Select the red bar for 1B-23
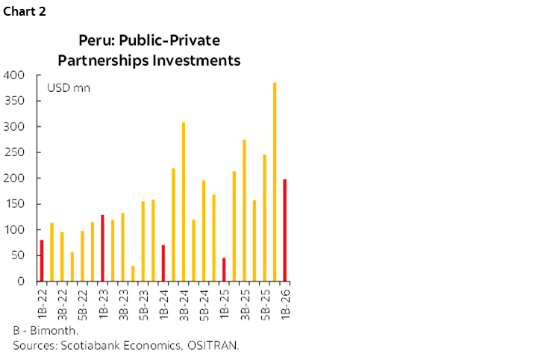click(102, 248)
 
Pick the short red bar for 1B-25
click(224, 270)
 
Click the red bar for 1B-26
click(284, 230)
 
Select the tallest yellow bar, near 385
click(274, 181)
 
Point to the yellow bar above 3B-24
click(183, 202)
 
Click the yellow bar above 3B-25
click(244, 210)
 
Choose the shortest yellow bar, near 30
click(133, 273)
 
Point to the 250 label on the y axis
click(15, 152)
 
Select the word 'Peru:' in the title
click(96, 40)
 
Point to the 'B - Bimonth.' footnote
click(46, 330)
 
